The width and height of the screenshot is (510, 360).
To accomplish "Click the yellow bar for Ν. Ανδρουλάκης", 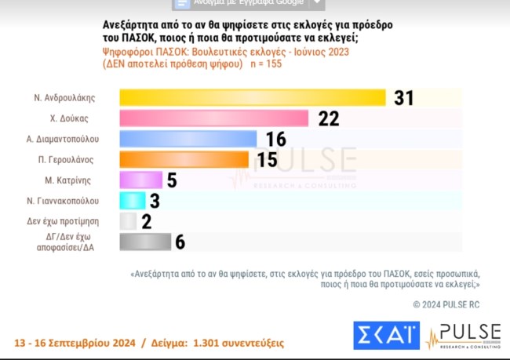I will (x=253, y=97).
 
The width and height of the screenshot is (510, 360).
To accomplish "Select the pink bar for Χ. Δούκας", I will (x=217, y=118).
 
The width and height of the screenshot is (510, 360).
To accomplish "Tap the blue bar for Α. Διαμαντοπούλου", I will (x=188, y=139).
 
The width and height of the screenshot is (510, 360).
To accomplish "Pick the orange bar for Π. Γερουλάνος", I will (x=184, y=159).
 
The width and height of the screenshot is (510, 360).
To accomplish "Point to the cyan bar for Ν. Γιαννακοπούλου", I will (x=132, y=200).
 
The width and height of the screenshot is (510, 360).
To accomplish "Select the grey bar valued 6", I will (x=145, y=242).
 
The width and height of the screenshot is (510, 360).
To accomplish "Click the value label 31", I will (x=403, y=98).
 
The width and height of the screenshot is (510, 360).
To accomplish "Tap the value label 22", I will (x=328, y=118).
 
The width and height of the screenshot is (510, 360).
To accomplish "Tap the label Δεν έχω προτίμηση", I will (x=74, y=221).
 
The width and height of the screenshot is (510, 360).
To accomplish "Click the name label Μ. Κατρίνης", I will (x=87, y=180).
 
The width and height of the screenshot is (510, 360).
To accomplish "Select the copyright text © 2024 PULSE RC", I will (x=446, y=304).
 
